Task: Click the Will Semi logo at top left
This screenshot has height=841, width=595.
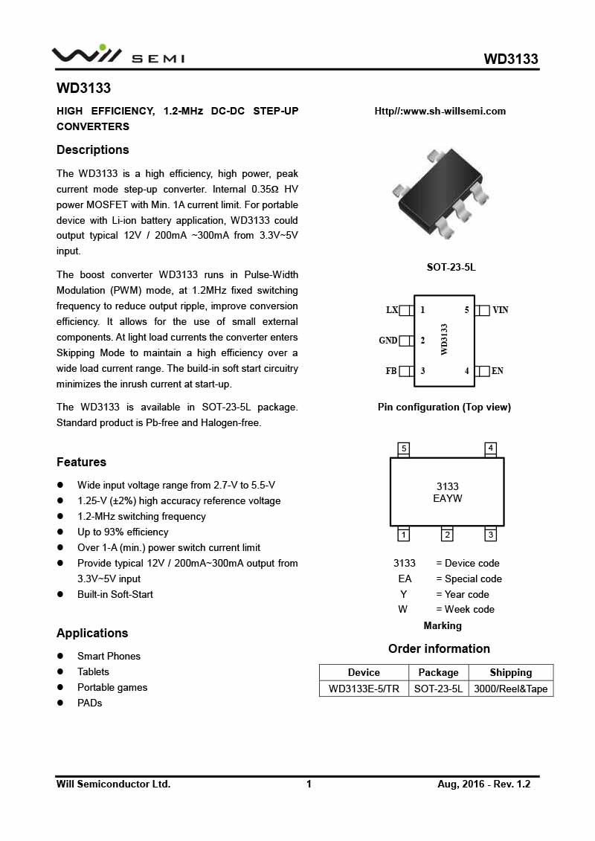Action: [x=118, y=56]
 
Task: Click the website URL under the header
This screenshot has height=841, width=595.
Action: [x=440, y=112]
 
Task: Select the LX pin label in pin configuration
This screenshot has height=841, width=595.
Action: [x=392, y=310]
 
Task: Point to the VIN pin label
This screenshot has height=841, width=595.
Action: [x=501, y=310]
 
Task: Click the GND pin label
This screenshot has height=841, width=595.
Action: [x=388, y=341]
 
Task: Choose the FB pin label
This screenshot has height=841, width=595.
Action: [x=391, y=371]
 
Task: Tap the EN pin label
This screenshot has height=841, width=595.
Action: [x=498, y=371]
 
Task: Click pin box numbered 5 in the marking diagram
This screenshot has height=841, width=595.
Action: [x=403, y=448]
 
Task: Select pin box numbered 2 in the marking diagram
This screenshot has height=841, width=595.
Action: [x=447, y=535]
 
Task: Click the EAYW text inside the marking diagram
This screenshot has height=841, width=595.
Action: [x=448, y=499]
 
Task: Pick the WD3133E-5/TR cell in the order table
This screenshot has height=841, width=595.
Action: [x=364, y=689]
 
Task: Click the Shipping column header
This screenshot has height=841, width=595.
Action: [x=511, y=672]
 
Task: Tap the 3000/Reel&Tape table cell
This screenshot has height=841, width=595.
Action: [x=511, y=689]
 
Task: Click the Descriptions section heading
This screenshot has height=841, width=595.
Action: [x=93, y=150]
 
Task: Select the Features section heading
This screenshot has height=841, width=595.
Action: [x=82, y=463]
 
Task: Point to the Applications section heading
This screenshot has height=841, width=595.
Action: [x=92, y=634]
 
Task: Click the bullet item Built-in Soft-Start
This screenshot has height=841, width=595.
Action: [x=115, y=595]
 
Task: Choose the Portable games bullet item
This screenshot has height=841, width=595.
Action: [x=112, y=688]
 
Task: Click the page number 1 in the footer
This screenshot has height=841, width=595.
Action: [x=309, y=784]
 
